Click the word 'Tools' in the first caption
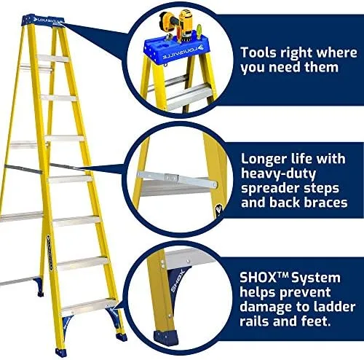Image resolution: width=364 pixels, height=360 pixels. coord(258,52)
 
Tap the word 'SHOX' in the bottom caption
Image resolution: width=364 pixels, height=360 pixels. coord(258,278)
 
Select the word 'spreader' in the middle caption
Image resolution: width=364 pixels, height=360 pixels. coord(275,189)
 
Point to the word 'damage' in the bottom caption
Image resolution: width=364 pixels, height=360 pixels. coord(266,308)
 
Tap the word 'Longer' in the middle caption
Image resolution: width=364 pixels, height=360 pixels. coord(264,160)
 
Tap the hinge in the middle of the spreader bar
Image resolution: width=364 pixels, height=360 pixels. coord(172,177)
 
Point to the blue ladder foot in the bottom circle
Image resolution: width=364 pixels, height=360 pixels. coord(166,337)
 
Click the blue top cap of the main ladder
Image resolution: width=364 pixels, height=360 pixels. coord(44,20)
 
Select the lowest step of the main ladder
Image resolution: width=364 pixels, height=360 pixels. coord(88,305)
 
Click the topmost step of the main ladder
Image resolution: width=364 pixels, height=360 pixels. coord(53,58)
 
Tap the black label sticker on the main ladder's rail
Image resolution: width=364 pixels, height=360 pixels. coord(50,253)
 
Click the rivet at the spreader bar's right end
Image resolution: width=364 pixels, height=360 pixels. coord(214,185)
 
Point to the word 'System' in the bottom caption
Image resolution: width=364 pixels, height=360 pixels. coord(316,278)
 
